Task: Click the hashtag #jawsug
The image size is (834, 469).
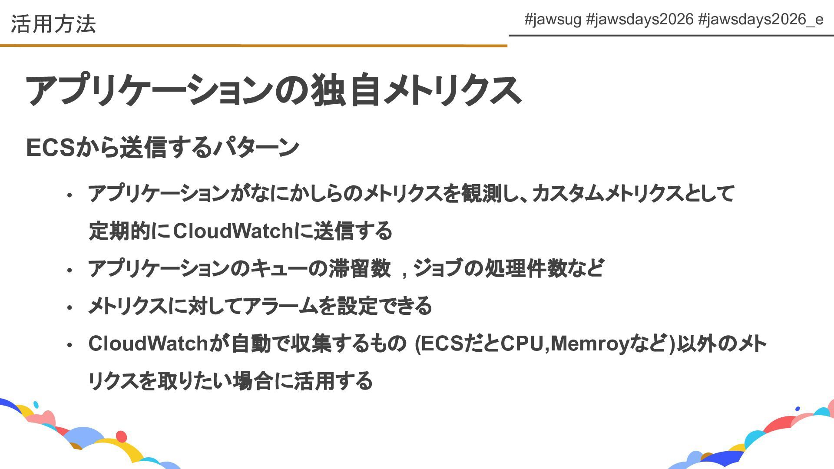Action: point(552,20)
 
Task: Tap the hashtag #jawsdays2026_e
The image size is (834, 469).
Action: point(760,20)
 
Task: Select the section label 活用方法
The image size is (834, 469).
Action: point(53,24)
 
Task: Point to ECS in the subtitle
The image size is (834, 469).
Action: point(51,147)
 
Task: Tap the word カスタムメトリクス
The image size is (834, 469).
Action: point(607,193)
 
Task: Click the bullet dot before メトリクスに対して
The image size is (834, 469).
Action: point(69,308)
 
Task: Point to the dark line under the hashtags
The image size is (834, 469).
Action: point(671,35)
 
